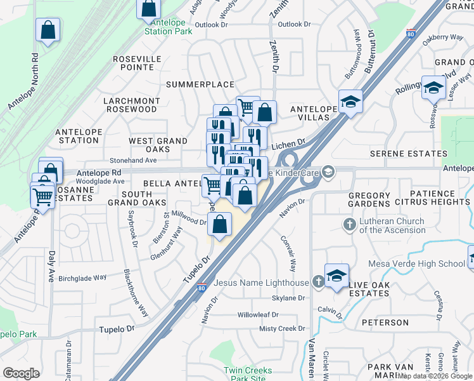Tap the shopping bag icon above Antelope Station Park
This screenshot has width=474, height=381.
point(148,9)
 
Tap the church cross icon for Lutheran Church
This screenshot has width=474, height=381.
point(349,224)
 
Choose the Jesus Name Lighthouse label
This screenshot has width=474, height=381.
point(261,283)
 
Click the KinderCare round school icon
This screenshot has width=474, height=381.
point(328,171)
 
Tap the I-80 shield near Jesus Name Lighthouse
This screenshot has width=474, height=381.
point(202,289)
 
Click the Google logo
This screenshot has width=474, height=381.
point(21,373)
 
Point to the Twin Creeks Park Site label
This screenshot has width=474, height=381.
point(248,374)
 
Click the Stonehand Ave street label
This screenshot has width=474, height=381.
point(133,161)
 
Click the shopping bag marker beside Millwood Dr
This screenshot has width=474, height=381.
point(219,224)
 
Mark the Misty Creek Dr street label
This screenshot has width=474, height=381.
point(282,328)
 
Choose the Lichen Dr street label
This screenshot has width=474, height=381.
point(289,145)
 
